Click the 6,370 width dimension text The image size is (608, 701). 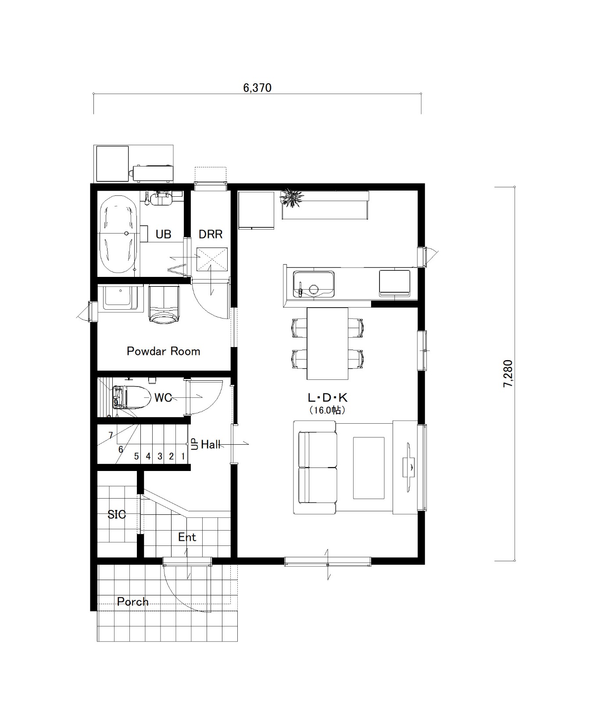(258, 88)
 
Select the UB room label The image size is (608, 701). (163, 234)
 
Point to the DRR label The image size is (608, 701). (211, 234)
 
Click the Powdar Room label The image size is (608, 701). (163, 351)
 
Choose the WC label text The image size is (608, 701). (163, 398)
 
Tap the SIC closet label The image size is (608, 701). (117, 514)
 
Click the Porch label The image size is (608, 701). (132, 602)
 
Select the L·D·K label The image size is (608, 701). (327, 398)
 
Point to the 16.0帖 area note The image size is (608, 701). (327, 411)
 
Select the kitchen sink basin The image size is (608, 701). (313, 283)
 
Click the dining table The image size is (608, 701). (327, 343)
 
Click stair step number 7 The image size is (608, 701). (111, 435)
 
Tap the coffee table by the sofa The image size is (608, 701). (369, 468)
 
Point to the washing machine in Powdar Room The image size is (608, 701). (164, 304)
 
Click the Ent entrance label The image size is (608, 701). (187, 537)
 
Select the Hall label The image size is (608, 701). (211, 445)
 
